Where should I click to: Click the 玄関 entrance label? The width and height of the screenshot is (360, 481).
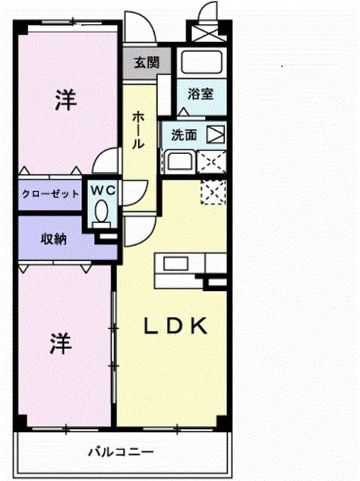tap(147, 63)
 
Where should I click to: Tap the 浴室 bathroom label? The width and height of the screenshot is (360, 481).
tap(201, 95)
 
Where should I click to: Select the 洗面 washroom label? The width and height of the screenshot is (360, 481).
tap(184, 135)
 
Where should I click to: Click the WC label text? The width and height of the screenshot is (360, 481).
tap(103, 190)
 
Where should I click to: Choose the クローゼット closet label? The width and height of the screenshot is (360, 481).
tap(50, 193)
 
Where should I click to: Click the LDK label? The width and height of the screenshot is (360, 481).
tap(176, 325)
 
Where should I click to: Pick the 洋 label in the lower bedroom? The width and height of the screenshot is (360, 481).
tap(62, 344)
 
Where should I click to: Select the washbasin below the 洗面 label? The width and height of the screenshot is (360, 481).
tap(179, 162)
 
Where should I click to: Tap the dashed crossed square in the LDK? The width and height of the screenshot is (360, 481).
tap(213, 192)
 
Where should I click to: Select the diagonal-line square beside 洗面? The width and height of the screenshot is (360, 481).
tap(216, 136)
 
